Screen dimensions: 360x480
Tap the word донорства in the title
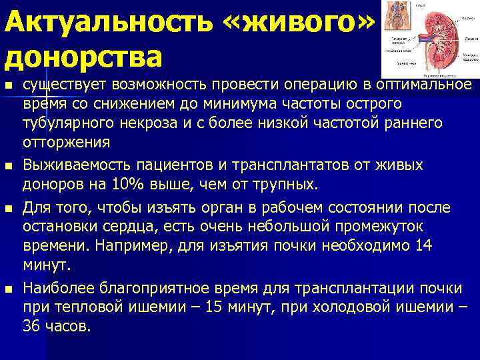pos(84,57)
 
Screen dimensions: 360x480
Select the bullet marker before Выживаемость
pos(7,165)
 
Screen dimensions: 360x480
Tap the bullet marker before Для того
pos(7,208)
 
